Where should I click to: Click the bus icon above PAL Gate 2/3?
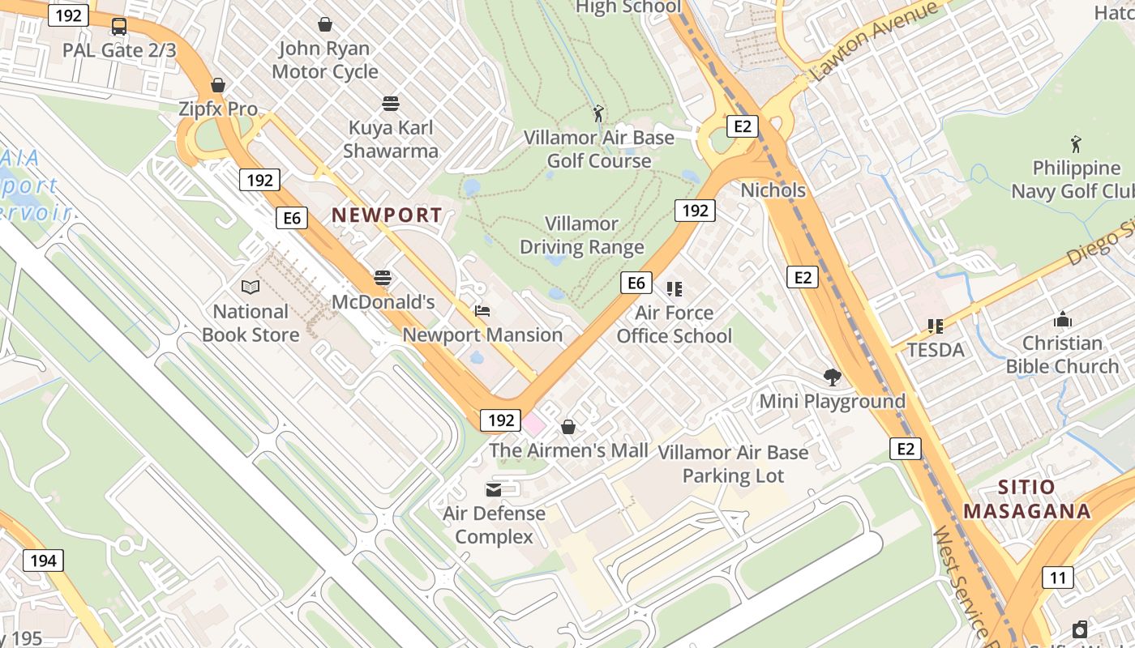coord(119,26)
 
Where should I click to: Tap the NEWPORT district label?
coord(388,215)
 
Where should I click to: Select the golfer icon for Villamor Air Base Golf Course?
coord(598,113)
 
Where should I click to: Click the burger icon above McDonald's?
coord(383,278)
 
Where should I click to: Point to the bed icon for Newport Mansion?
coord(482,311)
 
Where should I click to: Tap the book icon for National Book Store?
coord(251,287)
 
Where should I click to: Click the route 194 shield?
coord(43,561)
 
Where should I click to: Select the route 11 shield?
coord(1057,578)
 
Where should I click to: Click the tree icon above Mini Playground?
coord(832,377)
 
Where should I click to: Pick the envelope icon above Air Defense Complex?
coord(494,489)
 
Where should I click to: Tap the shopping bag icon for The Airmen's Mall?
coord(568,426)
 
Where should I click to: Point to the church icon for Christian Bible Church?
coord(1062,319)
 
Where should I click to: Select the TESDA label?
coord(936,350)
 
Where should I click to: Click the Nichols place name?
coord(773,190)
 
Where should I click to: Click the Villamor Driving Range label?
coord(582,235)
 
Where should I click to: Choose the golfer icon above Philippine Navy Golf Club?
coord(1076,144)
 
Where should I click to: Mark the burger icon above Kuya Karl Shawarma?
coord(391,104)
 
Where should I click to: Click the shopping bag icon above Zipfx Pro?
coord(217,85)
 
